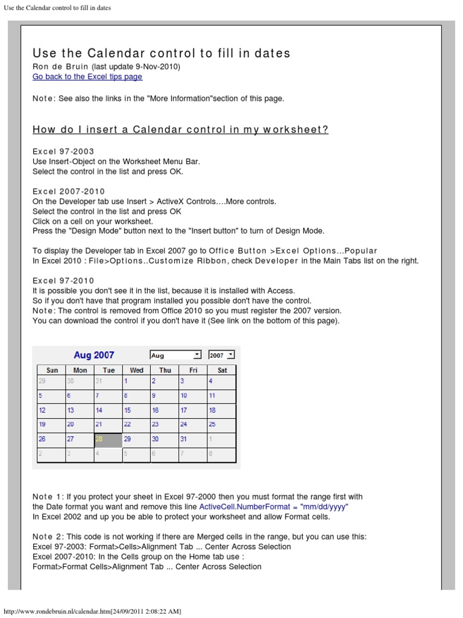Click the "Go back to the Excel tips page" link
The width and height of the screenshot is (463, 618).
coord(87,77)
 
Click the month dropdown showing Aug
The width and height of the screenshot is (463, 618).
coord(175,355)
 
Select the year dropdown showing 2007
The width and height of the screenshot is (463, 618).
coord(221,355)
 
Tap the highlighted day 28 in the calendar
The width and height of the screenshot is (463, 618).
coord(109,440)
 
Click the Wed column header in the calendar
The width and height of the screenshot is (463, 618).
coord(137,370)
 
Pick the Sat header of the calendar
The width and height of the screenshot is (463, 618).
coord(222,370)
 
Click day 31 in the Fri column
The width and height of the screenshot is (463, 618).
coord(184,439)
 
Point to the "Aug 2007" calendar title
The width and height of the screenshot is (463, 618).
coord(93,355)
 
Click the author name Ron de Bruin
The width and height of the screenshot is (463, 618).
coord(59,66)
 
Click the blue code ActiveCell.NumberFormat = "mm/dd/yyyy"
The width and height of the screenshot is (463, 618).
coord(274,507)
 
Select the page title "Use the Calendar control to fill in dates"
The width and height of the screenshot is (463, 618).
coord(161,53)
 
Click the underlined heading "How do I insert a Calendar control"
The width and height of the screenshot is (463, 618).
coord(180,130)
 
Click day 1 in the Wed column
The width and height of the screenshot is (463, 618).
coord(126,381)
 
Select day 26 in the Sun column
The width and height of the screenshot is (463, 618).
coord(42,439)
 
